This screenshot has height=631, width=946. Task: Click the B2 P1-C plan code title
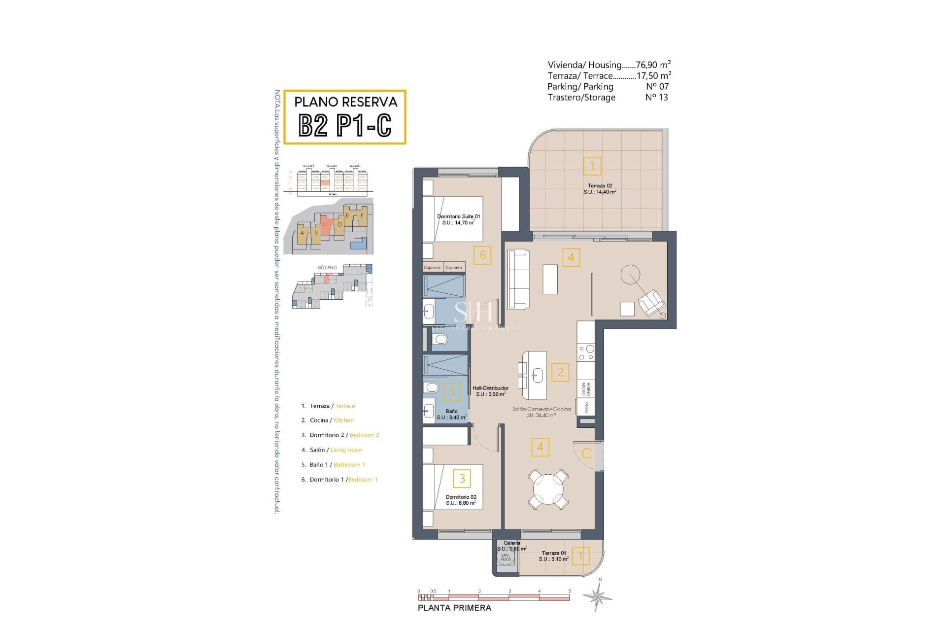point(345,125)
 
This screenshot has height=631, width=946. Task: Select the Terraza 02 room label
point(600,189)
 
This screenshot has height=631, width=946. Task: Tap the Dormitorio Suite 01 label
point(458,219)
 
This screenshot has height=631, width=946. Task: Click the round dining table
point(548,489)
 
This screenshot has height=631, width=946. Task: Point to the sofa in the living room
point(518,279)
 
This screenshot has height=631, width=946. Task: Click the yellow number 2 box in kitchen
point(560,372)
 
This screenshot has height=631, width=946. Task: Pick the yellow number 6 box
point(482,255)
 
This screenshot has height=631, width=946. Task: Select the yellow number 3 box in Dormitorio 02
point(462,478)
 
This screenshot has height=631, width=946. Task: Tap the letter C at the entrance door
point(586,454)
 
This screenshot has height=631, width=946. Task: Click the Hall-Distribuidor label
point(490,391)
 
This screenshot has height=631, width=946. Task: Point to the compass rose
point(598,597)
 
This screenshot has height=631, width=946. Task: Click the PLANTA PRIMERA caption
point(454,608)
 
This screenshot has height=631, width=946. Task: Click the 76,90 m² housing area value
point(653,65)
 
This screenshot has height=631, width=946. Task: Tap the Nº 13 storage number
point(656,98)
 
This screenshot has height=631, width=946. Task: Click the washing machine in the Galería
point(506,557)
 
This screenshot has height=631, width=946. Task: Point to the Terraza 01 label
point(553,556)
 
